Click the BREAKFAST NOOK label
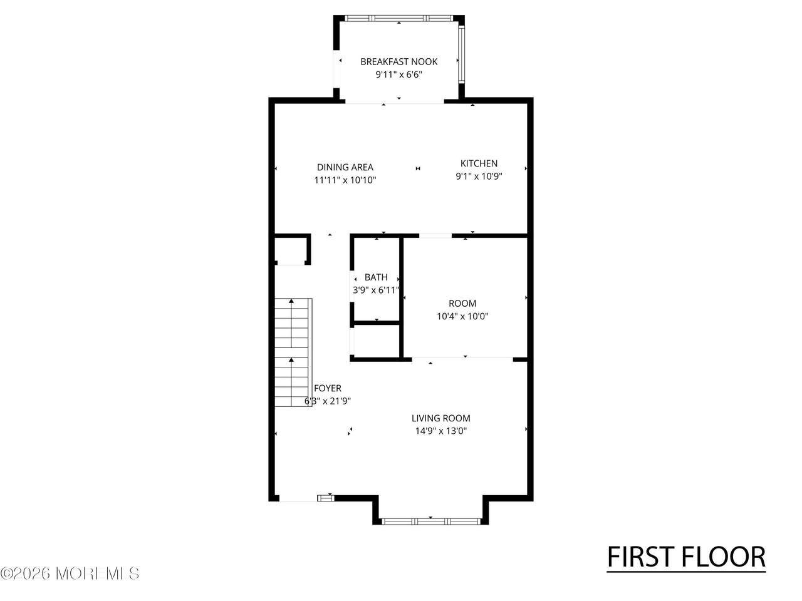pos(398,62)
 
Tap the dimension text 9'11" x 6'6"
pos(398,74)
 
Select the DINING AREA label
pos(345,167)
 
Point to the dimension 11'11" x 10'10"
pos(345,180)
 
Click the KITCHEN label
pos(479,163)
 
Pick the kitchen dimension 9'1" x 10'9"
pos(479,177)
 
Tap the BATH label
pos(376,277)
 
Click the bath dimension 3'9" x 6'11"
pos(376,290)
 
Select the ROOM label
pos(462,303)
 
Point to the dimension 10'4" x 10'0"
pos(462,316)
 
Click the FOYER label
pos(327,388)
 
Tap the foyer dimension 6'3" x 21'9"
pos(327,401)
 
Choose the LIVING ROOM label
pos(440,418)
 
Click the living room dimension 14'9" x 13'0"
pos(440,431)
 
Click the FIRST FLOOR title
pos(686,557)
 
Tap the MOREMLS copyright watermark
pos(70,573)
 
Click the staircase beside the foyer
pos(293,352)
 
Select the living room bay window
pos(430,521)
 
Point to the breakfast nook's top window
pos(399,18)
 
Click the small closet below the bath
pos(377,341)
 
